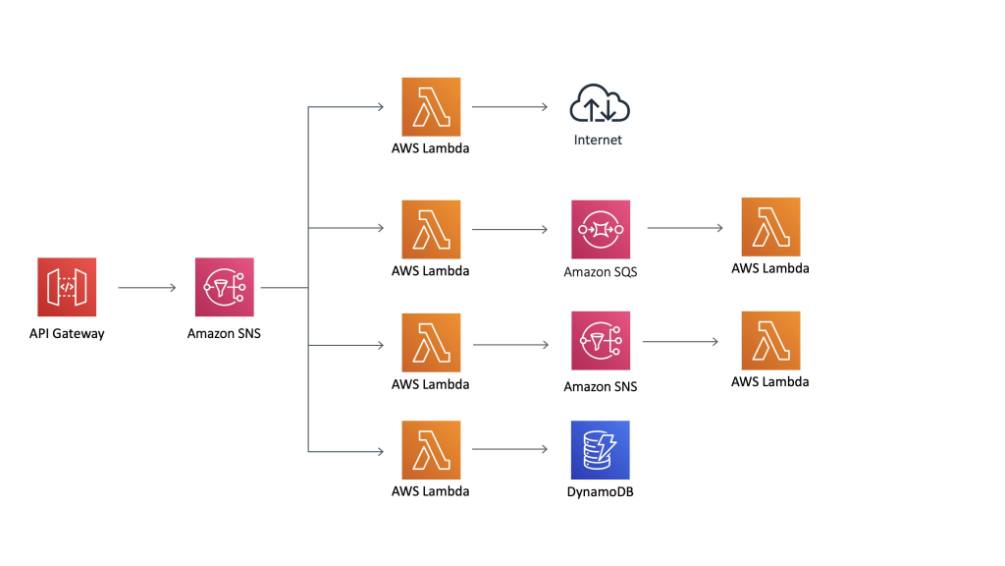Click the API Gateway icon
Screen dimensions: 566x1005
pos(67,288)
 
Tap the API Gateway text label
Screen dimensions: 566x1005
pos(67,333)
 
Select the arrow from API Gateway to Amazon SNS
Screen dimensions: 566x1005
pos(146,288)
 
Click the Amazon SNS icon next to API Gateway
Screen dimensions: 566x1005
pos(224,288)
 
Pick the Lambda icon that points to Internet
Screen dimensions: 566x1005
pos(431,106)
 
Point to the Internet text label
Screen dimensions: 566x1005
pos(598,140)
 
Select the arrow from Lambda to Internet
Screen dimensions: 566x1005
pos(509,106)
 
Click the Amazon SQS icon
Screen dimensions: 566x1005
pos(600,229)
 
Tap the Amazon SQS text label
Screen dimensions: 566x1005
pos(600,271)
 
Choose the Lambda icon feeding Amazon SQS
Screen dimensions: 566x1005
pos(431,229)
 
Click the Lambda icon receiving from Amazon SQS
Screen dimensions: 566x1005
pos(770,227)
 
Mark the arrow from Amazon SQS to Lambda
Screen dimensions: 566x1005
pos(685,228)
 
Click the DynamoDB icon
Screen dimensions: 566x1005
pos(600,450)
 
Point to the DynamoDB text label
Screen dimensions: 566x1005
pos(600,491)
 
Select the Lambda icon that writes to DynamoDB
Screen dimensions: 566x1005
pos(431,450)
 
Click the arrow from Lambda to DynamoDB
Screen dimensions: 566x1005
pos(509,450)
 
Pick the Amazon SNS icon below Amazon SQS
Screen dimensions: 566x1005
pos(600,342)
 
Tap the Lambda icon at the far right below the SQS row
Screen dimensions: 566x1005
pos(770,341)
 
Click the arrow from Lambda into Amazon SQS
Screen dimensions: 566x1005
pos(509,229)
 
